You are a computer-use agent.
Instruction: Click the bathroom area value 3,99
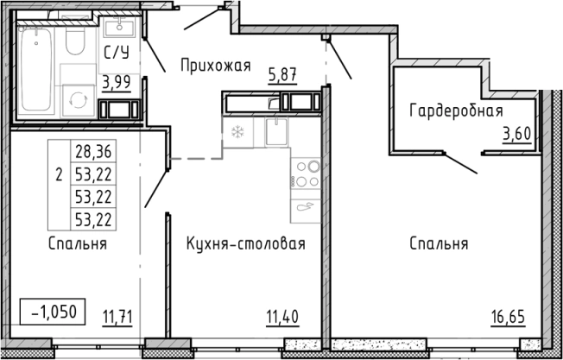[117, 83]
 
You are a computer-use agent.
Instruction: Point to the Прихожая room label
[215, 65]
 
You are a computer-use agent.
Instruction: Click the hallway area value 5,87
[282, 76]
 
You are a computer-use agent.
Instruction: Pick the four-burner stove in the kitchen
[306, 173]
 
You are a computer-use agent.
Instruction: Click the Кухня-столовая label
[246, 244]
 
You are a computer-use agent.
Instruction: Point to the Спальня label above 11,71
[78, 244]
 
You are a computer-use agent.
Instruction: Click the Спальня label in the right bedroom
[439, 244]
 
